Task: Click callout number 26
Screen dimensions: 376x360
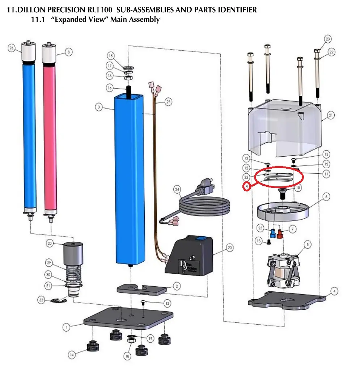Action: [12, 48]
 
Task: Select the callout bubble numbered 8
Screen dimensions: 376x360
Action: [68, 52]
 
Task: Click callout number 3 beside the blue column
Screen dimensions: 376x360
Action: [98, 107]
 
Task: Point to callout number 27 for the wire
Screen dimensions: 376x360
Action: [168, 102]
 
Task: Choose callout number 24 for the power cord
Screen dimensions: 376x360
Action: [177, 189]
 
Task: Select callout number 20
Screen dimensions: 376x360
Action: [229, 248]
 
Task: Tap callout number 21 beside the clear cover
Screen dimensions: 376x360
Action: [331, 115]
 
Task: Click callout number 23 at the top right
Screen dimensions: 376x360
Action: [328, 39]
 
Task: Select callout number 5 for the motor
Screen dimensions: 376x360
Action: [308, 245]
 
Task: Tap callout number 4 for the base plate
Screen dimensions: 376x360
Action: [335, 291]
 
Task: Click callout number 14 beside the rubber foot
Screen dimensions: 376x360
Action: [72, 355]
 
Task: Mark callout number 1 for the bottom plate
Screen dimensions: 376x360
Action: [66, 327]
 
